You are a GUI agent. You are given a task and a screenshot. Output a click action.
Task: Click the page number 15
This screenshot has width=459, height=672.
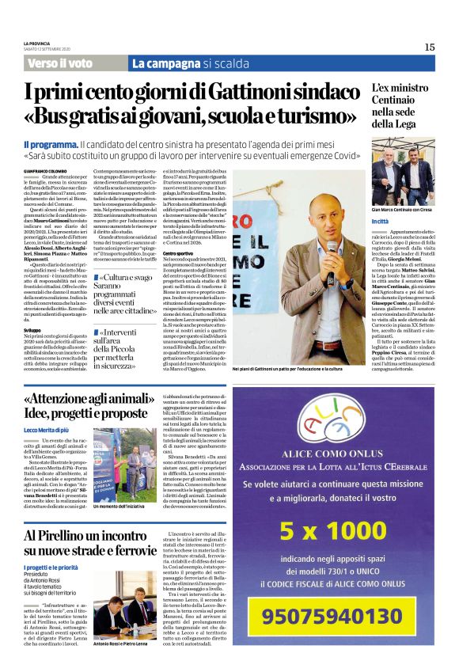[x=429, y=47]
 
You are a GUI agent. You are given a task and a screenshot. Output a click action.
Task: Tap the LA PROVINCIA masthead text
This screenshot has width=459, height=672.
[x=37, y=43]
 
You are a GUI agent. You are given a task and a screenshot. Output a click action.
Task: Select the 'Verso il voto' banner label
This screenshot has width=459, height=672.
[x=59, y=63]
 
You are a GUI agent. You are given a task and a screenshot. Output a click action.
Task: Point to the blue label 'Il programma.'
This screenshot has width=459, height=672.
[x=50, y=145]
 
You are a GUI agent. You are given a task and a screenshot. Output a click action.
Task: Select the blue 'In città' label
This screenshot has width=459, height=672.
[x=380, y=222]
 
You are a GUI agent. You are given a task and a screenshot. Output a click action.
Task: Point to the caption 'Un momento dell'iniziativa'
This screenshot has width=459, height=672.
[x=119, y=506]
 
